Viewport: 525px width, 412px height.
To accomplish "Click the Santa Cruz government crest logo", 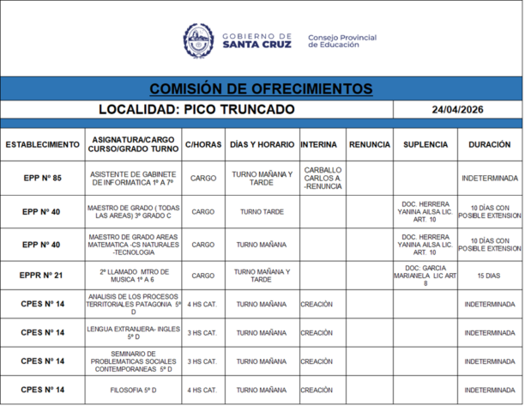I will (x=198, y=40).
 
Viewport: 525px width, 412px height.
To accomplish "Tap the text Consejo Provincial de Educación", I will (x=341, y=41).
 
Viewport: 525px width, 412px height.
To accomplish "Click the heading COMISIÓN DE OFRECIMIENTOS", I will (x=261, y=89).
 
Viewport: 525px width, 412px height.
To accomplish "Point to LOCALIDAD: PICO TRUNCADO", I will (x=196, y=110).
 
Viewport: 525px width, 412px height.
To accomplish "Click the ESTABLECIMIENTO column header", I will (x=42, y=144).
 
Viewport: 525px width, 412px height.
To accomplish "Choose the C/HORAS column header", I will (x=202, y=144).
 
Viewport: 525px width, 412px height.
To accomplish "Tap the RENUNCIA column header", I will (x=370, y=144).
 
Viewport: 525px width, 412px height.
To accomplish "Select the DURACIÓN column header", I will (x=490, y=144).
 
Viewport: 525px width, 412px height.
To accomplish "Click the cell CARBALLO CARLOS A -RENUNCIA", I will (x=323, y=178).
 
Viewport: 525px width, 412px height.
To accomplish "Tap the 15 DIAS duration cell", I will (x=490, y=276).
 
